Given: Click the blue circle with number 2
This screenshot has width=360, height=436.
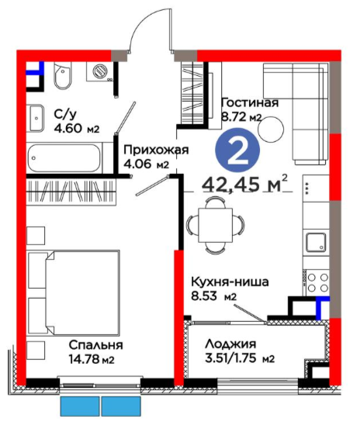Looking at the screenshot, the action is [x=237, y=150].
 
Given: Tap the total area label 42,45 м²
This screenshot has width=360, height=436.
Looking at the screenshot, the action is [x=245, y=184].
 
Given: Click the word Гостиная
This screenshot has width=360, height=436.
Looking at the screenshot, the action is [x=250, y=102].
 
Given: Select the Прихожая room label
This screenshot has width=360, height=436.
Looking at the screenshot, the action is [x=156, y=150].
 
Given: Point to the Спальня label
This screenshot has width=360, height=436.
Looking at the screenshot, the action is [x=96, y=345].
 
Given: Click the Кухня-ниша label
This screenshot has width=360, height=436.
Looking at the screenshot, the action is [x=230, y=282].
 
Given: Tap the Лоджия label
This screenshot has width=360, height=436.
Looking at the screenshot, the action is [x=230, y=344].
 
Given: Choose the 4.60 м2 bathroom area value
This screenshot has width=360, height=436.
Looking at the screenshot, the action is [x=77, y=129].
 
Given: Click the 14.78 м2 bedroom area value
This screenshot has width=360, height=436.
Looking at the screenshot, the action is [x=92, y=359].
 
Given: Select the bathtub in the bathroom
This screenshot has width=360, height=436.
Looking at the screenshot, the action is [x=64, y=158].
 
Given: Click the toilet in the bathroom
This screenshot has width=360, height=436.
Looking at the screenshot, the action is [x=63, y=75].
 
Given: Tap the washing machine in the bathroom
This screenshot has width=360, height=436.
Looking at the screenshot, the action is [x=99, y=71].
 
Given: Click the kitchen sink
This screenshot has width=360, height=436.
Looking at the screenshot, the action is [x=316, y=241].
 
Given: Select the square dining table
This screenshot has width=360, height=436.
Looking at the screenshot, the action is [x=216, y=225].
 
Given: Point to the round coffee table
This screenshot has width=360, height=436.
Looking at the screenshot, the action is [x=271, y=130].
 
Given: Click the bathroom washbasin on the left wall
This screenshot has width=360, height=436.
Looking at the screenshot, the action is [x=36, y=118].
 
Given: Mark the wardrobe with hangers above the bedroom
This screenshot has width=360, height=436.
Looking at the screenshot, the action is [x=71, y=192].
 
